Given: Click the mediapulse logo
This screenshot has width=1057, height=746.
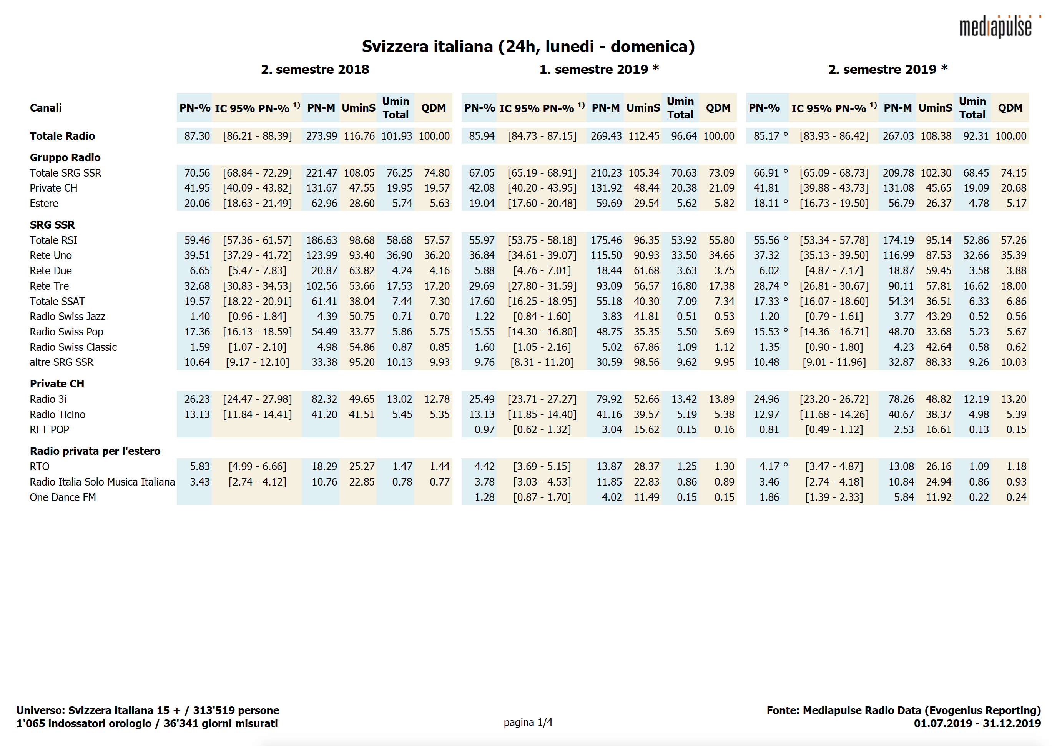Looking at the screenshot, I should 997,27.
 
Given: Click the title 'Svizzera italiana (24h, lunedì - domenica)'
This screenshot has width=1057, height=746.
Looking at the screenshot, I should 528,47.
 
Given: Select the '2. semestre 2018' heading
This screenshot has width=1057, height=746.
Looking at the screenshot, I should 315,70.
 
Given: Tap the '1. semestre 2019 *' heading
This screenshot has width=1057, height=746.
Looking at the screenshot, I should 599,70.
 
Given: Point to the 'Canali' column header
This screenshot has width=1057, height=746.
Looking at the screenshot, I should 46,108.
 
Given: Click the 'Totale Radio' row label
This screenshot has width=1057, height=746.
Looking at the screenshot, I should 62,136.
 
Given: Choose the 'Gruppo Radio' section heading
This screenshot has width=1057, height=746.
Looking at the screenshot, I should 65,158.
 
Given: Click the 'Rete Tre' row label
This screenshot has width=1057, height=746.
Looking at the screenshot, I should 49,286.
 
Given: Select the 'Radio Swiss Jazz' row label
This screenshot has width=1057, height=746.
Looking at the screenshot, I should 67,317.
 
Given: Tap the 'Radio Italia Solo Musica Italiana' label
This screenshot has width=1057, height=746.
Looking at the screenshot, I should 102,482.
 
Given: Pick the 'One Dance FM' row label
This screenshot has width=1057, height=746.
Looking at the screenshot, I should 63,497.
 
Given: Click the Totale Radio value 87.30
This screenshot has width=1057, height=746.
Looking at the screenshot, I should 197,136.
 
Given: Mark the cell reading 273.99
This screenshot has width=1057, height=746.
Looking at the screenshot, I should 321,136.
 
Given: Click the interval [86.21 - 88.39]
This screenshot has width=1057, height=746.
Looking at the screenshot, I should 258,136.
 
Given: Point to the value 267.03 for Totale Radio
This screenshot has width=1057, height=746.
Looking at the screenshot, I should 898,136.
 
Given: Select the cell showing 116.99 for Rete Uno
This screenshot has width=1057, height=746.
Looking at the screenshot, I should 898,255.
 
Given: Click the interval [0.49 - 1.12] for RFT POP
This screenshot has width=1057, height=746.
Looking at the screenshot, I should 834,429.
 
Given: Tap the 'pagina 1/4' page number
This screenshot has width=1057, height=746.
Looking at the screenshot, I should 528,722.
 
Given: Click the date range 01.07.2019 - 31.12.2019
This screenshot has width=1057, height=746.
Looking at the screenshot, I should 977,723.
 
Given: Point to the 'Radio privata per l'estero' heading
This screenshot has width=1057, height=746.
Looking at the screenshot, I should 95,451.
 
